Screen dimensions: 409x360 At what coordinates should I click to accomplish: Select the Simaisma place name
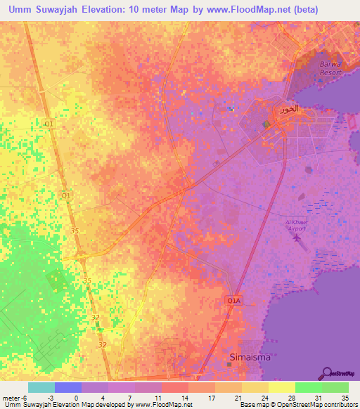click(x=249, y=357)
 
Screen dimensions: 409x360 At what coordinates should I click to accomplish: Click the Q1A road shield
click(x=234, y=301)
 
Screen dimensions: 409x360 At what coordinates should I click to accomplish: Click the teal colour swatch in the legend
click(x=41, y=387)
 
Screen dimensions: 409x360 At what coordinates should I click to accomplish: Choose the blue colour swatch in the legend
click(x=67, y=387)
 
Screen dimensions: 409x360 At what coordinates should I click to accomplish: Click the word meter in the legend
click(x=11, y=398)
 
